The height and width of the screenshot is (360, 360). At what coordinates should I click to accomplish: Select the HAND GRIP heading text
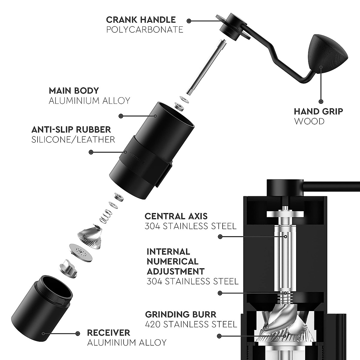point(318,112)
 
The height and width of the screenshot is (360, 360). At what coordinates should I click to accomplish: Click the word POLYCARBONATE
point(145,29)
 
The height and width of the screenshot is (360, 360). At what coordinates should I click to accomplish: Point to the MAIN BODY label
point(73,91)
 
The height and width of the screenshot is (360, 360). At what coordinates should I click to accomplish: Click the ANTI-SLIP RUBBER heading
point(71,130)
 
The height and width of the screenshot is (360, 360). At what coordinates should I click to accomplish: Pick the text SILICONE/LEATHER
point(73,139)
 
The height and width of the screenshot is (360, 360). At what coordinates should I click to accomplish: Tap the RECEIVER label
point(109,333)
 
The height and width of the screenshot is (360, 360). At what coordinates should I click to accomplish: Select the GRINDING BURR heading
point(181,315)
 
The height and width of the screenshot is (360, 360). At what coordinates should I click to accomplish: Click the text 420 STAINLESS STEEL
point(191,324)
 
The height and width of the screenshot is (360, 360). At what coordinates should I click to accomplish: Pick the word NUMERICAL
point(172,261)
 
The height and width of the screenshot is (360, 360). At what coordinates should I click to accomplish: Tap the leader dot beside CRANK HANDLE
point(189,21)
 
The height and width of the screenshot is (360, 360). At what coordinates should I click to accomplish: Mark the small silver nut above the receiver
point(69,268)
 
